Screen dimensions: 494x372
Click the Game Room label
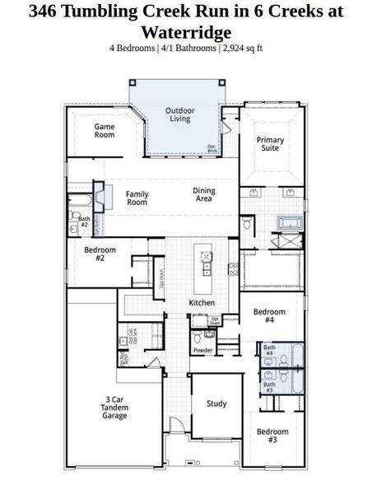pos(104,130)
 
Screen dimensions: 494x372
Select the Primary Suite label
pos(269,145)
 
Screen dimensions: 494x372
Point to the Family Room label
pos(137,198)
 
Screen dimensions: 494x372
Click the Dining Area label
pos(204,195)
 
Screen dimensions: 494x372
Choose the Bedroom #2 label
pos(100,254)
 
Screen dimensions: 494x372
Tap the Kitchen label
pos(202,303)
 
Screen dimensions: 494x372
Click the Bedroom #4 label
pos(269,316)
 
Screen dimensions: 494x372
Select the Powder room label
pos(202,350)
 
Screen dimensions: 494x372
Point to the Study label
pos(216,403)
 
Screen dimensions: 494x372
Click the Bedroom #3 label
pos(272,436)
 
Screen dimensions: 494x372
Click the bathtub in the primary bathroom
pos(290,222)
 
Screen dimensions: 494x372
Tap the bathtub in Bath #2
pos(78,200)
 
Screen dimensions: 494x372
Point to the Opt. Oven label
pos(216,321)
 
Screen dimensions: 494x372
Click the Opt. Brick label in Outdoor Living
pos(212,149)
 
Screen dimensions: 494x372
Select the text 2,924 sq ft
pos(240,48)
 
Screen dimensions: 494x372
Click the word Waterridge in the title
pos(186,32)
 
